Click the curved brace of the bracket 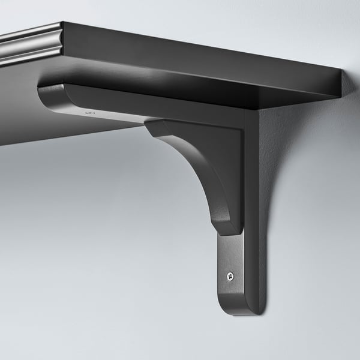click(x=198, y=174)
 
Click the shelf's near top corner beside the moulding click(x=64, y=25)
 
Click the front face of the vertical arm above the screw click(x=231, y=252)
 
